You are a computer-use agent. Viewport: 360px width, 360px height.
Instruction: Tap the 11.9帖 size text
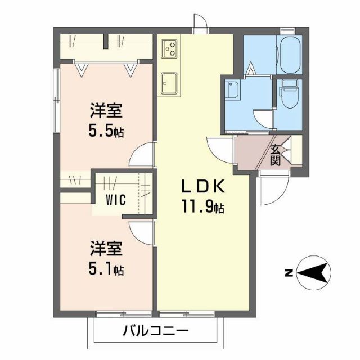coord(202,207)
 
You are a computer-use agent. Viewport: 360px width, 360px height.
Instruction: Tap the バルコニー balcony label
coord(156,331)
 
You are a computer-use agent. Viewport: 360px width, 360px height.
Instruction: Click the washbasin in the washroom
coord(232,89)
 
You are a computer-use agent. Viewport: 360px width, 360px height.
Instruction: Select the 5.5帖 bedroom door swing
coord(144,152)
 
